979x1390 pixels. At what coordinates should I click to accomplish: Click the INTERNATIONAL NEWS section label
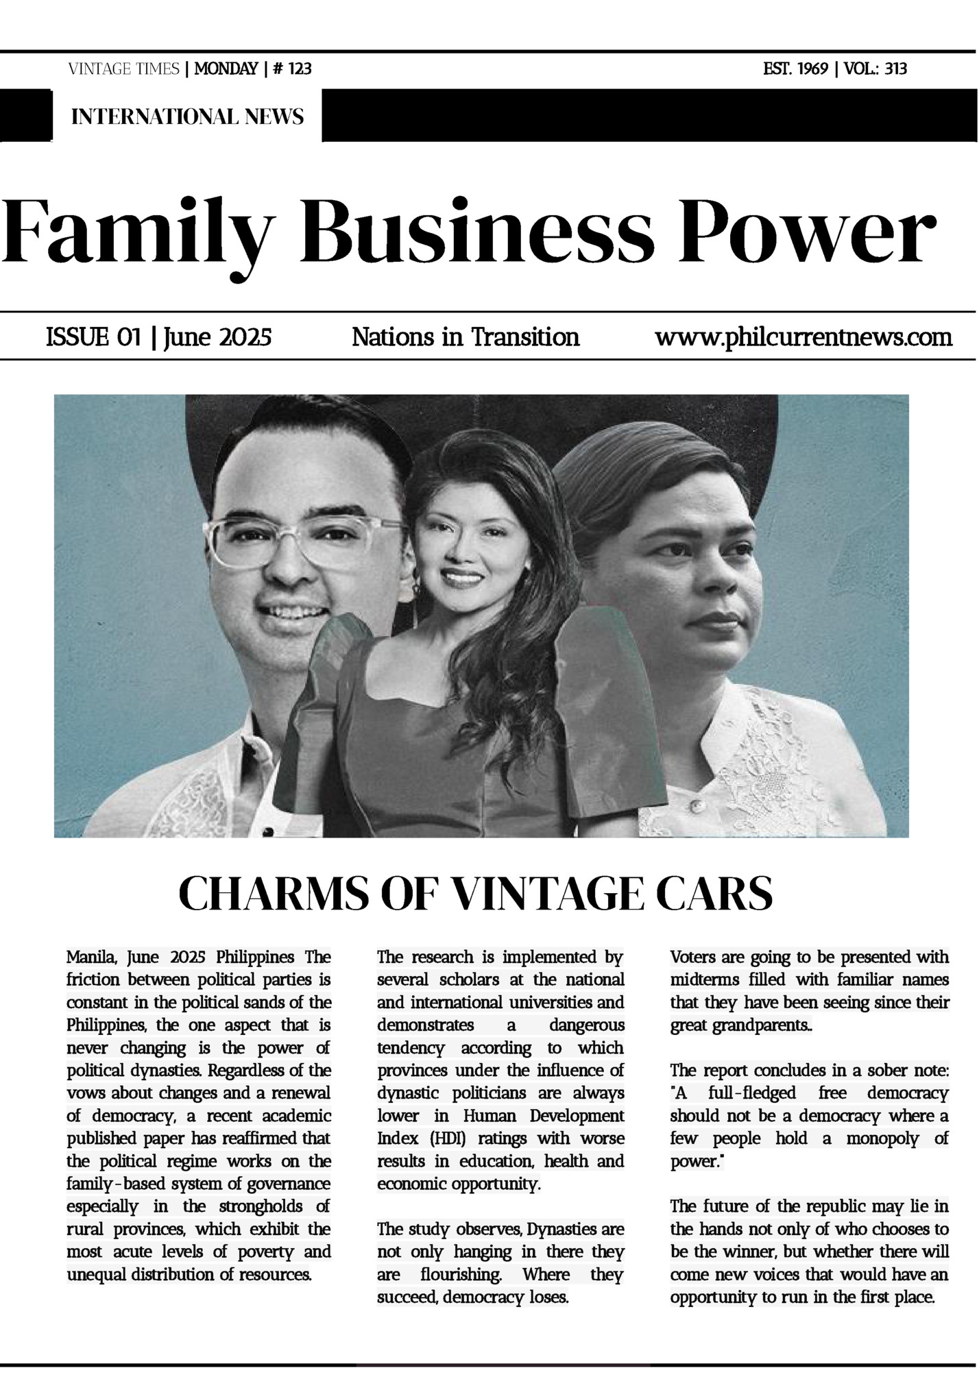pyautogui.click(x=187, y=117)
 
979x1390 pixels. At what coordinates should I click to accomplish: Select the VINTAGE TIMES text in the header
pyautogui.click(x=123, y=69)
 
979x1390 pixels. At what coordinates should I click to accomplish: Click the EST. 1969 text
pyautogui.click(x=795, y=69)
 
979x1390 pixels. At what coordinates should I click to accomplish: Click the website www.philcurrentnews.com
pyautogui.click(x=803, y=337)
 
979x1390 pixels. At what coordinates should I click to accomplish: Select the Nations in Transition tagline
pyautogui.click(x=466, y=337)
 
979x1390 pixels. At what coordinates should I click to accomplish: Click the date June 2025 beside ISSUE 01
pyautogui.click(x=218, y=337)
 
